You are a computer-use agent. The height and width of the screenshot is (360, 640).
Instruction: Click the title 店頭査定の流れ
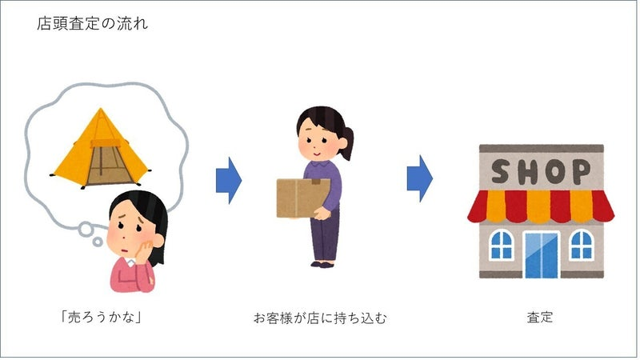[x=92, y=24]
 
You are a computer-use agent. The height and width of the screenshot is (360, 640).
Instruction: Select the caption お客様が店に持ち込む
[x=319, y=317]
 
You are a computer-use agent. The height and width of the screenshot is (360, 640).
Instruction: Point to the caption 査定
[x=540, y=317]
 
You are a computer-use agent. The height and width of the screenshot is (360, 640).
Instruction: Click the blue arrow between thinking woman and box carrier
[x=228, y=180]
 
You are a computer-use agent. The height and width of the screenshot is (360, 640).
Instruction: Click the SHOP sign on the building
[x=540, y=170]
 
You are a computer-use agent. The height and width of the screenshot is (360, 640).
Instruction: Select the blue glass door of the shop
[x=540, y=254]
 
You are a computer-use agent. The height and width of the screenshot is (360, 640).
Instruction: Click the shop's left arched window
[x=500, y=244]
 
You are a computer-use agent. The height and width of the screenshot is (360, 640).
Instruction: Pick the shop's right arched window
[x=581, y=244]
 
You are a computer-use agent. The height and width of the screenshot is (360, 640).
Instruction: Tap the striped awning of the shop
[x=540, y=206]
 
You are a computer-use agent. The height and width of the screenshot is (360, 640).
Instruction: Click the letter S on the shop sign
[x=500, y=170]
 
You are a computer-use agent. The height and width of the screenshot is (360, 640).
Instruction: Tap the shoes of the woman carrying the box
[x=323, y=262]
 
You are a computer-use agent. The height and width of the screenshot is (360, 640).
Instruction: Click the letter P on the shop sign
[x=580, y=170]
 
